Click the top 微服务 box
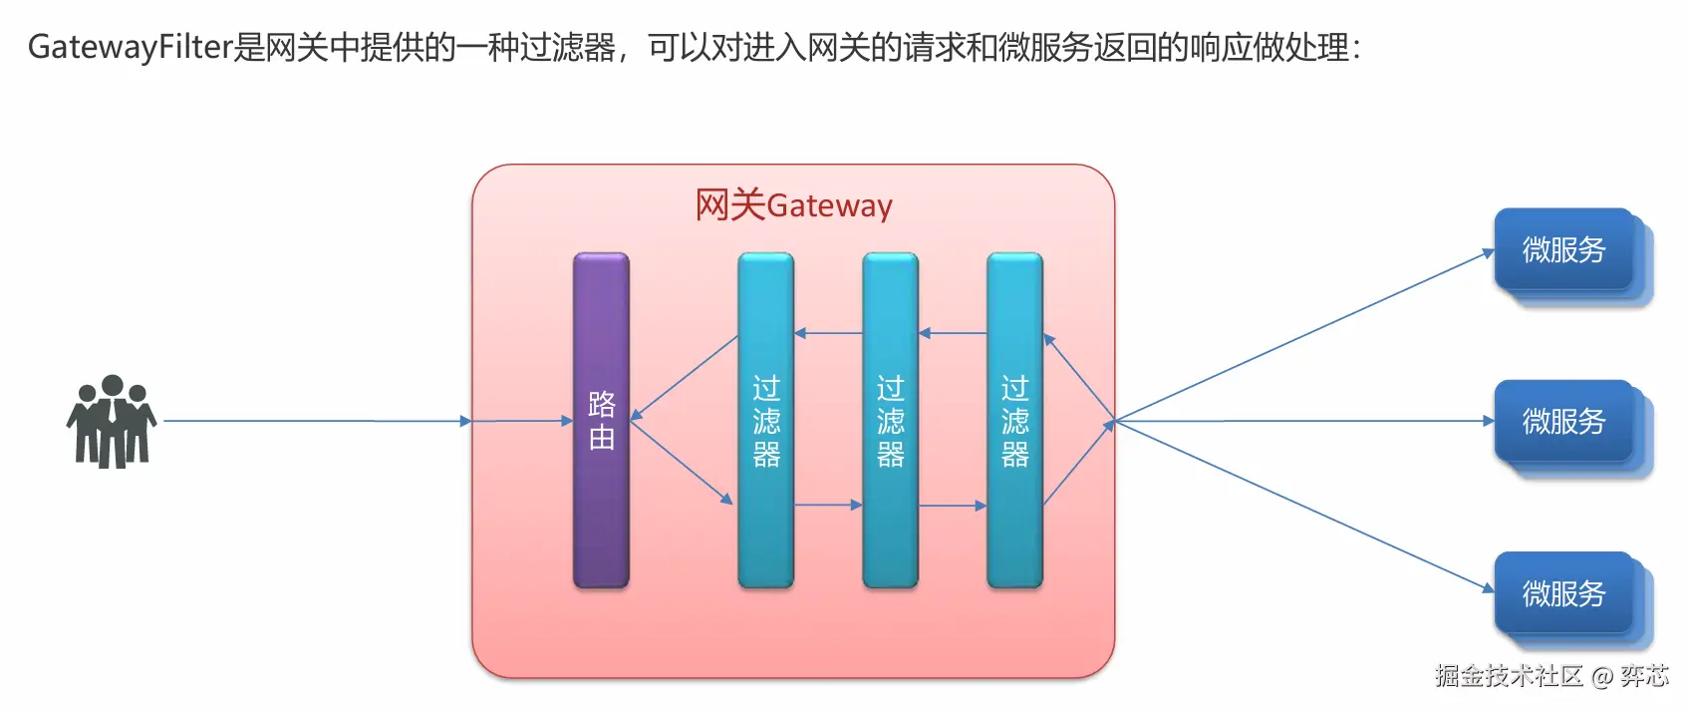(x=1563, y=249)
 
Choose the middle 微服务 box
(x=1563, y=421)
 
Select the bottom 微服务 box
(x=1563, y=593)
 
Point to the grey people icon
(x=112, y=421)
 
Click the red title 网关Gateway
(x=793, y=205)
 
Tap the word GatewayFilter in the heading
(x=130, y=47)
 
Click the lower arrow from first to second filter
(x=828, y=506)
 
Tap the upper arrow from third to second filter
(x=953, y=333)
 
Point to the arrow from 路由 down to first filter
(x=682, y=463)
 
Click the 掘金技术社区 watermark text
(x=1509, y=676)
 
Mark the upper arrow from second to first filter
(x=828, y=333)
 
